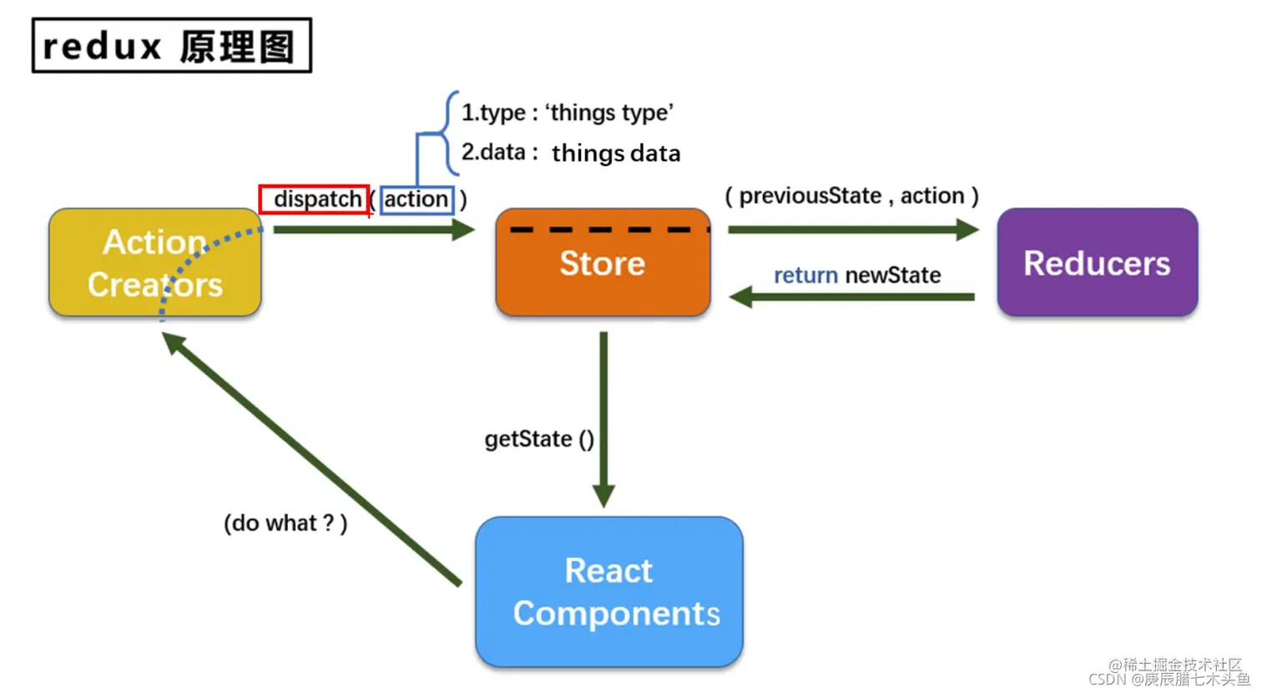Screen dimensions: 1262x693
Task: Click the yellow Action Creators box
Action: tap(155, 262)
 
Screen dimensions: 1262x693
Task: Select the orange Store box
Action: tap(603, 262)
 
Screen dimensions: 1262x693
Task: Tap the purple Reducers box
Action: tap(1098, 262)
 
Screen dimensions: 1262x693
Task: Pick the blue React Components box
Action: tap(609, 592)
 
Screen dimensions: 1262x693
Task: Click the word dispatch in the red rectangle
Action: tap(318, 199)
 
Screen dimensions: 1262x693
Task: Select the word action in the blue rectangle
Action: tap(416, 199)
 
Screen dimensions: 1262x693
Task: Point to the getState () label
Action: tap(539, 439)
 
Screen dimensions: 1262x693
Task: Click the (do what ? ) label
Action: tap(285, 524)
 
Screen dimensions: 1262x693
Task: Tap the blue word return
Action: tap(805, 276)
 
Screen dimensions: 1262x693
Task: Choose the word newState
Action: tap(893, 276)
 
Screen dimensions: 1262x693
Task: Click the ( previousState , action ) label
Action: tap(852, 196)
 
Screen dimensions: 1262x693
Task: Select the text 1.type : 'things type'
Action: tap(568, 113)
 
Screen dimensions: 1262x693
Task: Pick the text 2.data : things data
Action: tap(571, 153)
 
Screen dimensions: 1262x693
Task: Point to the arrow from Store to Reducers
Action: tap(854, 230)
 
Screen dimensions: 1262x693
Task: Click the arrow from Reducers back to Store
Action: tap(852, 297)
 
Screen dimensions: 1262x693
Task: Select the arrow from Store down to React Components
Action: tap(604, 420)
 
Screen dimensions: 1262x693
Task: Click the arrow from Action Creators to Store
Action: tap(375, 230)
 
